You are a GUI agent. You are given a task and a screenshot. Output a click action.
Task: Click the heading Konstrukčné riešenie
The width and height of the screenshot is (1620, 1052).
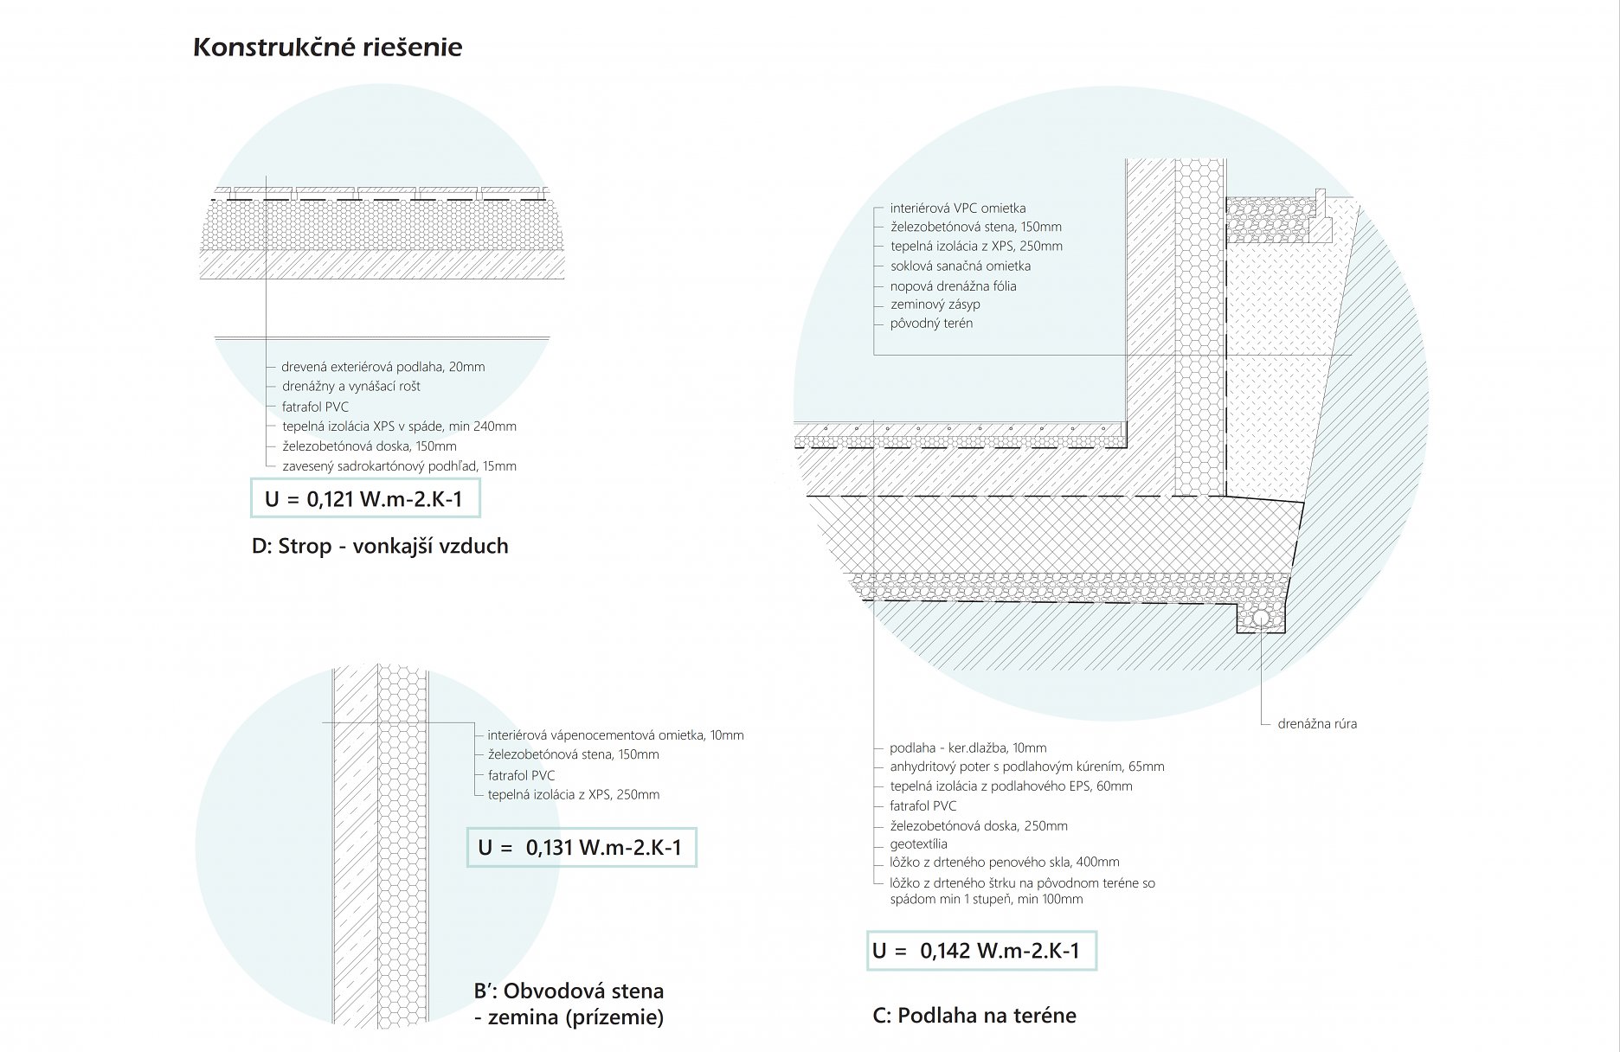pyautogui.click(x=327, y=47)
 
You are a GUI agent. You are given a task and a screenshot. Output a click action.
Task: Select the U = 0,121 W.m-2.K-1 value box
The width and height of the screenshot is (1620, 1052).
pyautogui.click(x=364, y=498)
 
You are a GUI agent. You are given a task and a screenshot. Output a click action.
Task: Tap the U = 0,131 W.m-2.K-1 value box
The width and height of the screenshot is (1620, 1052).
pyautogui.click(x=581, y=847)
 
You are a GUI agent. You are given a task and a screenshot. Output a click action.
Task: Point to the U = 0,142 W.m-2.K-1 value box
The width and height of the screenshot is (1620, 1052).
pyautogui.click(x=980, y=950)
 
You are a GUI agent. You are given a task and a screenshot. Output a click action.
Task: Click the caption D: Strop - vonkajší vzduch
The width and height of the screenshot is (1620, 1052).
pyautogui.click(x=380, y=546)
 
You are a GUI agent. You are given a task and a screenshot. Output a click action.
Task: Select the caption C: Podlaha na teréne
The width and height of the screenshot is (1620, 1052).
pyautogui.click(x=974, y=1015)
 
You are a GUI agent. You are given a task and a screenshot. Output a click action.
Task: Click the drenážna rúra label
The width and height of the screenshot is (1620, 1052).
pyautogui.click(x=1317, y=724)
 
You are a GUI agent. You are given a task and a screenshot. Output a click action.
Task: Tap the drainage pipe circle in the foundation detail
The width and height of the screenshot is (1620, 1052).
pyautogui.click(x=1261, y=619)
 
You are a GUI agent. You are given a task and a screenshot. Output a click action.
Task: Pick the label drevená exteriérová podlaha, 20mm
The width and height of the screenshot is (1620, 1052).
pyautogui.click(x=382, y=367)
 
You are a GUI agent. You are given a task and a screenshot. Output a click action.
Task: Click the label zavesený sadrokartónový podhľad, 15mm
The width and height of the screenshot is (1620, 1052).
pyautogui.click(x=399, y=466)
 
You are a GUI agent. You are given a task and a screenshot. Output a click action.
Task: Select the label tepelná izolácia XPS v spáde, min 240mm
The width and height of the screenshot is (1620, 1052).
pyautogui.click(x=399, y=427)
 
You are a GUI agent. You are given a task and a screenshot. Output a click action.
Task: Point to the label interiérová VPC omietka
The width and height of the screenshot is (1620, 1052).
pyautogui.click(x=957, y=208)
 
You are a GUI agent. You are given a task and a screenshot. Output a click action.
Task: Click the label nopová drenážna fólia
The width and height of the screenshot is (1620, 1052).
pyautogui.click(x=953, y=286)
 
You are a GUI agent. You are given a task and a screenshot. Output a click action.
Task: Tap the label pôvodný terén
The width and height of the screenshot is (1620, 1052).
pyautogui.click(x=931, y=324)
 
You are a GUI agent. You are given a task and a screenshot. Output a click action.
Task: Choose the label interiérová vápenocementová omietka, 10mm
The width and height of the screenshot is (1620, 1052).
pyautogui.click(x=615, y=735)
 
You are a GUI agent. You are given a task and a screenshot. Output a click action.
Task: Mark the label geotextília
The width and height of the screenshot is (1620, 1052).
pyautogui.click(x=918, y=844)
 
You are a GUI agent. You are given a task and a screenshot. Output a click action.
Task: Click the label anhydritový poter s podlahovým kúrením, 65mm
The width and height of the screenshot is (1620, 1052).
pyautogui.click(x=1026, y=767)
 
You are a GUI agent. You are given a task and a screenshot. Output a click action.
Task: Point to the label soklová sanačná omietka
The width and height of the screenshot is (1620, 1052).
pyautogui.click(x=960, y=266)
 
